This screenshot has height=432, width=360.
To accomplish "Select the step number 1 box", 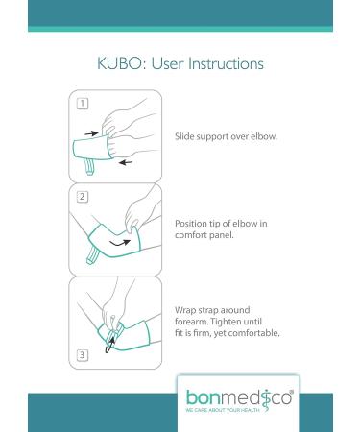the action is tap(83, 104).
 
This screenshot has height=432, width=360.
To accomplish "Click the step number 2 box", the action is tap(83, 197).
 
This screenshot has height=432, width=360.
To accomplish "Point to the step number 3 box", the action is tap(83, 355).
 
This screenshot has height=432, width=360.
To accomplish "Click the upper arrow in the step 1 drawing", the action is tap(92, 133).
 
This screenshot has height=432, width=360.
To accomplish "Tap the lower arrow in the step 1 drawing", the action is tap(126, 162).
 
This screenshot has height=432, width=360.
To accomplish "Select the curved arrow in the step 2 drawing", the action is tap(120, 244).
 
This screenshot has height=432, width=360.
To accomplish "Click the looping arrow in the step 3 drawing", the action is tap(110, 346).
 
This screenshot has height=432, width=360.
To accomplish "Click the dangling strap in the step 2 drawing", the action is tap(93, 255).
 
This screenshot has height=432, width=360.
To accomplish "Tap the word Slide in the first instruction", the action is tap(184, 136).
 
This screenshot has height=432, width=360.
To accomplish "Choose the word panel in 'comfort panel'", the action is tap(222, 235).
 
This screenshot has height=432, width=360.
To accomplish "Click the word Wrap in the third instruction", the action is tap(185, 310).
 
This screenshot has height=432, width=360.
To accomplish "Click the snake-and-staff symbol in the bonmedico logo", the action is tap(265, 402).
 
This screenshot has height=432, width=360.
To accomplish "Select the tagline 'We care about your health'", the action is tap(223, 410).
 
